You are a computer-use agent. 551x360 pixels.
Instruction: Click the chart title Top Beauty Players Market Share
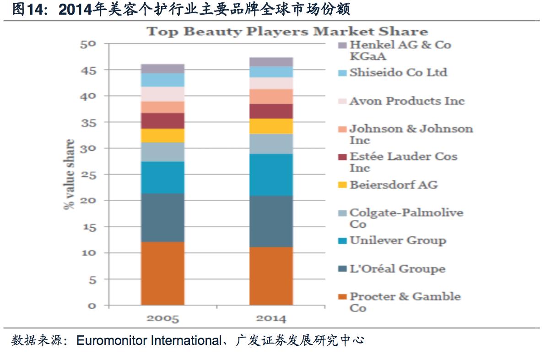coord(287,32)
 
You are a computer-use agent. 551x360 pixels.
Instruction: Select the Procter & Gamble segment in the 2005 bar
coord(162,273)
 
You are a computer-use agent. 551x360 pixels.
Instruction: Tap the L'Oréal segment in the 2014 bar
coord(271,221)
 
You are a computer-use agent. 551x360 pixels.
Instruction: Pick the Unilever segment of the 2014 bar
coord(271,175)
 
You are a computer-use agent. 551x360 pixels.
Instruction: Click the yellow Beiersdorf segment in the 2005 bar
coord(162,136)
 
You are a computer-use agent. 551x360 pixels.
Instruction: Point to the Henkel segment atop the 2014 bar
coord(271,62)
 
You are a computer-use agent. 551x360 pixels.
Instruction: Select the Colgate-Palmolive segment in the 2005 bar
coord(162,152)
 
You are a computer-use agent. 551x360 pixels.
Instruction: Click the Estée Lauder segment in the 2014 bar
coord(271,111)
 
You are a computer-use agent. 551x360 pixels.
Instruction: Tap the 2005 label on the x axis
coord(162,319)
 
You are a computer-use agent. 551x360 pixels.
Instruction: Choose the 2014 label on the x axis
coord(271,319)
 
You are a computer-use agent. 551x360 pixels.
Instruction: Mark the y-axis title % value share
coord(70,175)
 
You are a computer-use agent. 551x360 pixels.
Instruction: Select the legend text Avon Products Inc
coord(407,101)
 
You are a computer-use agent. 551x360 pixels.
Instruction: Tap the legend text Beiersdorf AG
coord(394,185)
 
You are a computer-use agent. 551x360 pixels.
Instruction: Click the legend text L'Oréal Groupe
coord(397,269)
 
